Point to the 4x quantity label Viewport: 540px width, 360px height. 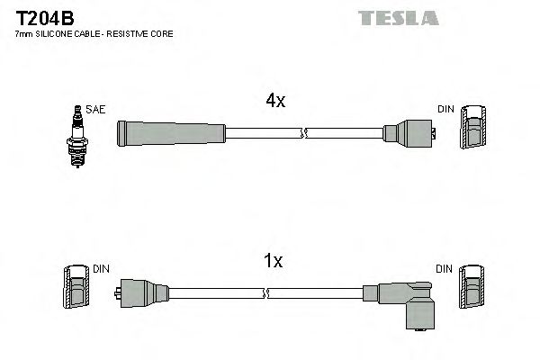click(x=274, y=102)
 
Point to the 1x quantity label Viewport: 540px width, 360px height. click(x=274, y=261)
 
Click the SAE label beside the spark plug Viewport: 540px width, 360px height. click(x=97, y=110)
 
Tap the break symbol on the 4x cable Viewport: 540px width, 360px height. click(x=304, y=133)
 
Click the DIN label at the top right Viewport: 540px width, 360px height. click(x=445, y=109)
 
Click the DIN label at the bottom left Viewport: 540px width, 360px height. click(x=100, y=269)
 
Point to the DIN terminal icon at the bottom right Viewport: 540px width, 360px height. click(x=472, y=289)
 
